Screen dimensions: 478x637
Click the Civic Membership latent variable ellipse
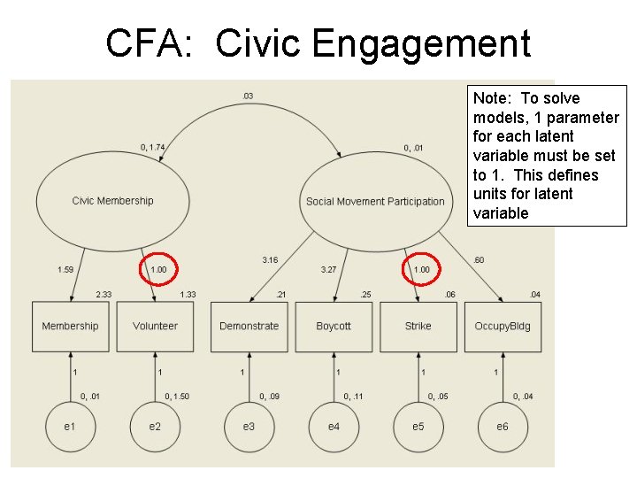pos(112,201)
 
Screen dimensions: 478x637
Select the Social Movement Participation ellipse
pos(375,201)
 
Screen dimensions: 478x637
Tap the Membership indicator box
pos(70,326)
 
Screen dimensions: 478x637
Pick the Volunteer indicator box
pos(155,326)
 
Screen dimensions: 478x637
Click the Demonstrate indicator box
pos(249,326)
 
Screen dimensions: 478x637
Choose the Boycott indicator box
pos(334,326)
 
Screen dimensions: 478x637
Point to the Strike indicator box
pos(418,326)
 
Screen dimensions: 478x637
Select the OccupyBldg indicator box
pos(503,326)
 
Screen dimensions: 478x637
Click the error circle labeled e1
pos(70,427)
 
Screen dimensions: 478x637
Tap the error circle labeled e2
pos(155,427)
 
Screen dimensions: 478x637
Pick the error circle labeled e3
pos(249,427)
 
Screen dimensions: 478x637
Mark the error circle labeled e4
pos(334,427)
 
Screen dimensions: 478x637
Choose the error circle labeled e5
pos(418,427)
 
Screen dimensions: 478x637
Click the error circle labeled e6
pos(503,427)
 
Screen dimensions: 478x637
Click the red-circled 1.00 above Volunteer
pos(159,269)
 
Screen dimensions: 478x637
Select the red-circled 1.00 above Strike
pos(422,269)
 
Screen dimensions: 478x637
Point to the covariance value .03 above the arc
pos(247,96)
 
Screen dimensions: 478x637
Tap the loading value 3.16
pos(270,260)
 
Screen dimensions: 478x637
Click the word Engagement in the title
pos(372,42)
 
